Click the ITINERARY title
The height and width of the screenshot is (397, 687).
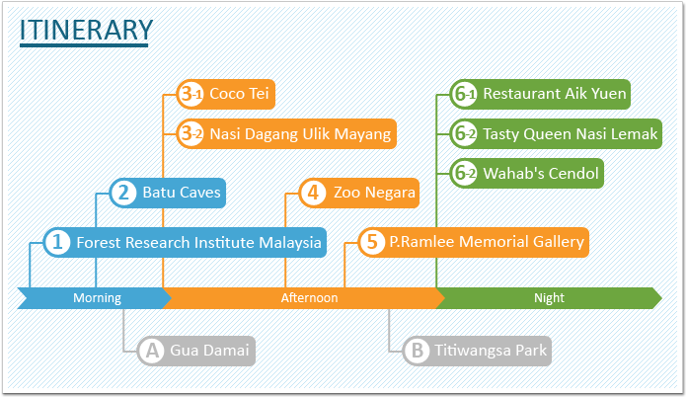pyautogui.click(x=86, y=30)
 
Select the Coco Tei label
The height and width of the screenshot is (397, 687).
pyautogui.click(x=239, y=94)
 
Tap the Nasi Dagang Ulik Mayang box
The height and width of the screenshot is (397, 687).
pyautogui.click(x=286, y=133)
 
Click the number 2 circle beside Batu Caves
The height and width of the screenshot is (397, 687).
pyautogui.click(x=123, y=193)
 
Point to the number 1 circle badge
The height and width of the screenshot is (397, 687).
pyautogui.click(x=57, y=242)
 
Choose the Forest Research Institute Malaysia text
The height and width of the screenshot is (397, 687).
pyautogui.click(x=199, y=242)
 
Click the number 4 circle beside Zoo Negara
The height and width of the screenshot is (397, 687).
pyautogui.click(x=313, y=193)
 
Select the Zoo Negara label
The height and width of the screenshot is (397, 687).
pyautogui.click(x=374, y=193)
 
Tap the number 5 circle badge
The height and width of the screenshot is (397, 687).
pyautogui.click(x=372, y=242)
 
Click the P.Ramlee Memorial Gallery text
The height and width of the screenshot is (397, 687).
pyautogui.click(x=487, y=242)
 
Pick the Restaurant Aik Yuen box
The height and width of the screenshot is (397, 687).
pyautogui.click(x=540, y=94)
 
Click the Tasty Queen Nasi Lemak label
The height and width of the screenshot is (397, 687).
pyautogui.click(x=570, y=134)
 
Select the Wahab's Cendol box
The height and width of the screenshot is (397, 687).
pyautogui.click(x=527, y=173)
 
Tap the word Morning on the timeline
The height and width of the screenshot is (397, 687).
pyautogui.click(x=97, y=298)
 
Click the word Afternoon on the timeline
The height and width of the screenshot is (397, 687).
pyautogui.click(x=309, y=298)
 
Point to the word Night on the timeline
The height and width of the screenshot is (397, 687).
pyautogui.click(x=549, y=298)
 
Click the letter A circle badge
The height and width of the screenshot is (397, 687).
pyautogui.click(x=152, y=351)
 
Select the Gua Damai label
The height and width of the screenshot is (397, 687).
pyautogui.click(x=209, y=351)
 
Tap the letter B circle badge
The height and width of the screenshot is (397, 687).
pyautogui.click(x=417, y=351)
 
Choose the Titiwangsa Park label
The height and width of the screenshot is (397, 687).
pyautogui.click(x=491, y=351)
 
